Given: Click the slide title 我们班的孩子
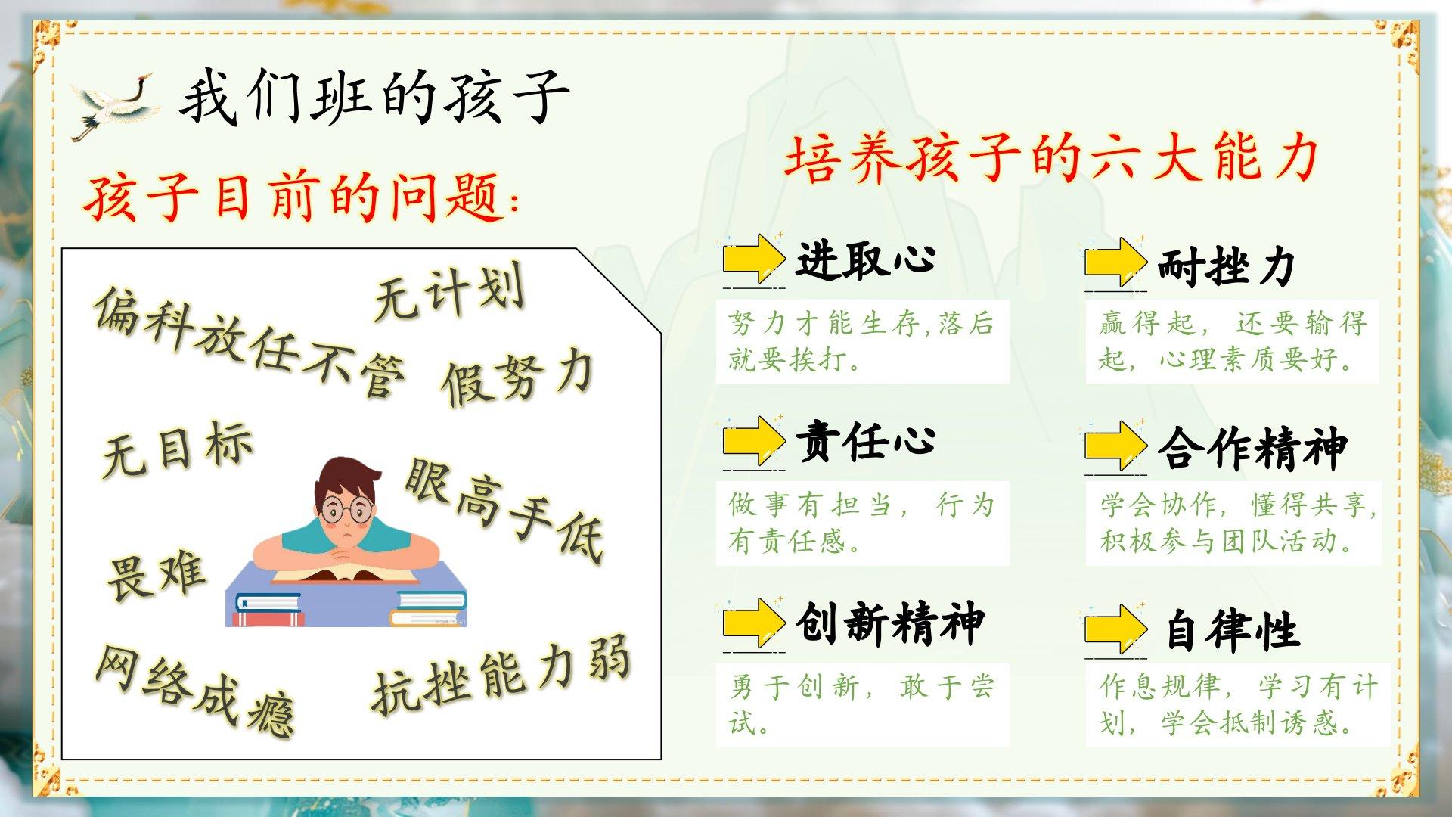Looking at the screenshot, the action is click(x=374, y=97).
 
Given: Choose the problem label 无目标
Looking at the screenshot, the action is click(x=177, y=449).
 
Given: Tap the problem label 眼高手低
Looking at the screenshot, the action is click(x=505, y=509).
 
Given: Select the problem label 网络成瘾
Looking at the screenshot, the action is click(x=194, y=691).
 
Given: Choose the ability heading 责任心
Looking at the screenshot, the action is click(x=865, y=441).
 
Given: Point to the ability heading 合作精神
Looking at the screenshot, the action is click(x=1252, y=448).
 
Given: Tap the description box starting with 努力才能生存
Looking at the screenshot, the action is click(x=862, y=341).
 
